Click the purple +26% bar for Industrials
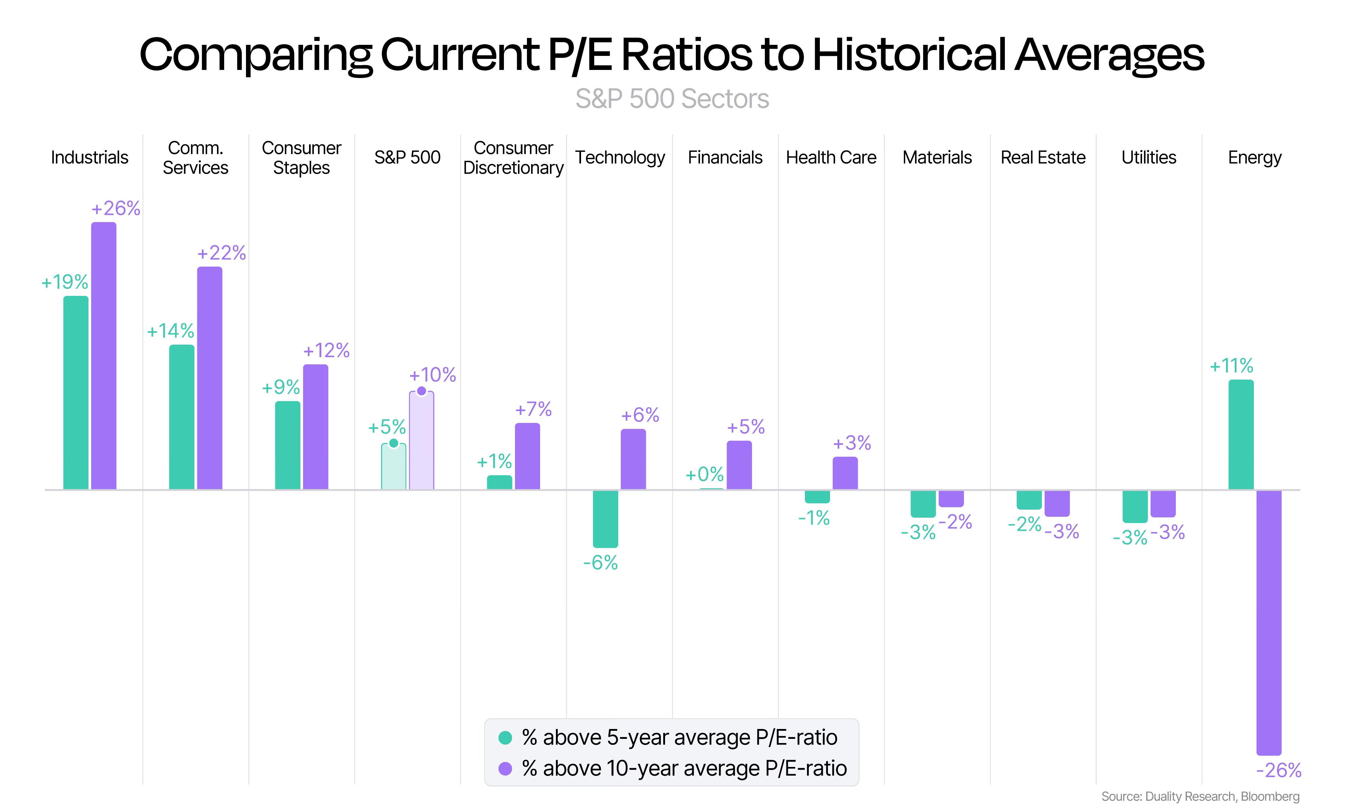(x=103, y=356)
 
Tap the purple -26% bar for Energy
(x=1269, y=623)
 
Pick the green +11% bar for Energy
(x=1241, y=435)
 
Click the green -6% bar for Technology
(x=606, y=519)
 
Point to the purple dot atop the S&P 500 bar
(x=421, y=391)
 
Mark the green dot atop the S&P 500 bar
(x=394, y=443)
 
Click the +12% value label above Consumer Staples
(x=326, y=350)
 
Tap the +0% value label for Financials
(x=704, y=474)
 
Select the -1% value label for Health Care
(x=814, y=518)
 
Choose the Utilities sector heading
(x=1149, y=157)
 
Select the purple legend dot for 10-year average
(x=505, y=768)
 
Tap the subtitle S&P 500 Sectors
(x=672, y=99)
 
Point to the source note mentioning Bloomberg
(x=1200, y=796)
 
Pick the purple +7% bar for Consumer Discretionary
(x=527, y=456)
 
